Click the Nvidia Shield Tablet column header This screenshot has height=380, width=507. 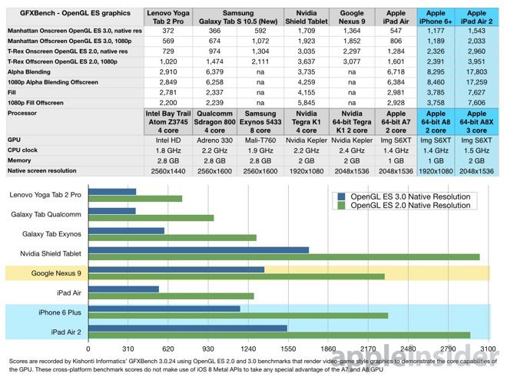coord(305,18)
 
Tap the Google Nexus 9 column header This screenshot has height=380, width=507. coord(352,18)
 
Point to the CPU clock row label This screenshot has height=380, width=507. coord(25,150)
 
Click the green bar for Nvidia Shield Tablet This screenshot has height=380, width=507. coord(289,256)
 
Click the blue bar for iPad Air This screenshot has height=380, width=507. coord(128,289)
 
